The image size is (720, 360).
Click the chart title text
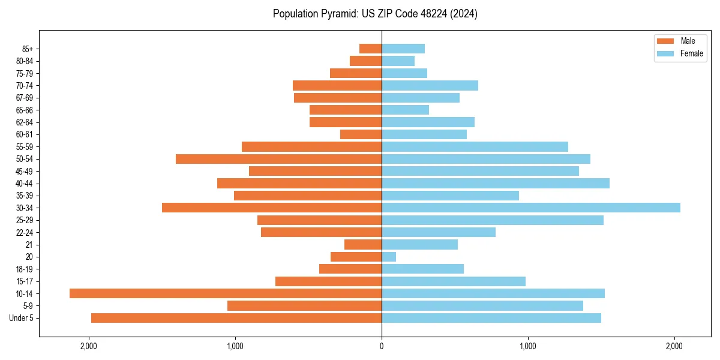click(x=375, y=14)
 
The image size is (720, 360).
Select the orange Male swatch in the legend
click(x=665, y=41)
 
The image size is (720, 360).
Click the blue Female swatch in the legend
click(x=665, y=53)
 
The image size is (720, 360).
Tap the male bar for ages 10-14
click(x=226, y=293)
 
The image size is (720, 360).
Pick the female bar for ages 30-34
click(x=531, y=208)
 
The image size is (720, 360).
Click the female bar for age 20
click(x=389, y=257)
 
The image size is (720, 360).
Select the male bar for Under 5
click(x=236, y=318)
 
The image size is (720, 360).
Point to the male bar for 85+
click(x=370, y=49)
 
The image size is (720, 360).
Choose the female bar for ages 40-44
click(x=496, y=183)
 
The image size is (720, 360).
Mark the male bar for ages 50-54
click(x=278, y=159)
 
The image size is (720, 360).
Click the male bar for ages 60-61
click(x=361, y=134)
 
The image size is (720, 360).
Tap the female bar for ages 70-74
click(x=430, y=85)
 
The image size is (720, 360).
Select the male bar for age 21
click(x=363, y=244)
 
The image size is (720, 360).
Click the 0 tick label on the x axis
click(x=382, y=346)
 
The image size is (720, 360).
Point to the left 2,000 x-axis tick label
click(x=89, y=346)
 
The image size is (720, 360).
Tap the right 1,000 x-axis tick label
click(x=528, y=346)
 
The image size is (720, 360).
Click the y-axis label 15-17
click(x=25, y=281)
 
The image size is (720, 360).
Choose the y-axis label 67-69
click(x=25, y=98)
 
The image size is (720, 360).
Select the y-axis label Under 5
click(x=22, y=318)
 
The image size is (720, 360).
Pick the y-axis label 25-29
click(x=25, y=220)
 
